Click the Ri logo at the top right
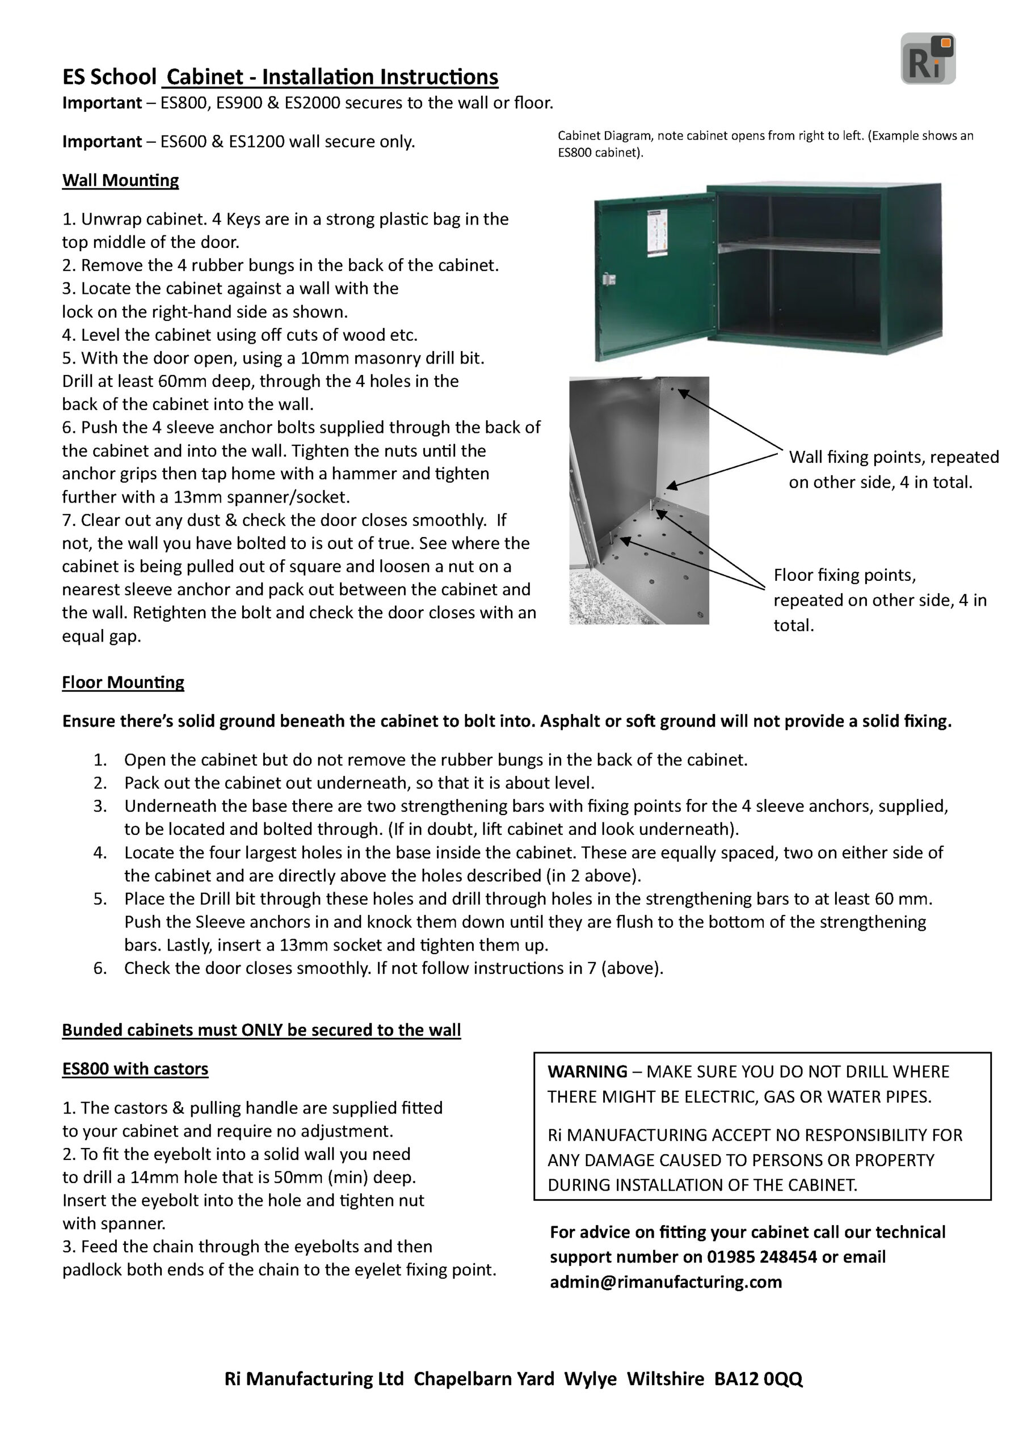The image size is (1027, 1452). (927, 59)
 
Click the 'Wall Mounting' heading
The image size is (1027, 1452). (120, 180)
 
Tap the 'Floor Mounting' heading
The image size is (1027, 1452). (123, 682)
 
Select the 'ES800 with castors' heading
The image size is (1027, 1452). (135, 1069)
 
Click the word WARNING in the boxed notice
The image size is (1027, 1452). (587, 1071)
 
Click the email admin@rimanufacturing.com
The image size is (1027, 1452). (666, 1282)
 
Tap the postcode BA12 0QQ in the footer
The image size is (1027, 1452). (758, 1379)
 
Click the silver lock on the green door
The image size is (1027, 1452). (609, 279)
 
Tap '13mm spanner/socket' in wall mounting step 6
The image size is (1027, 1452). (262, 497)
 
